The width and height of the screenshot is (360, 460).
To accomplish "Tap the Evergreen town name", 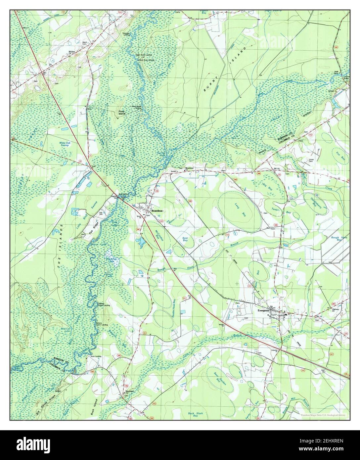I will [x=265, y=311].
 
